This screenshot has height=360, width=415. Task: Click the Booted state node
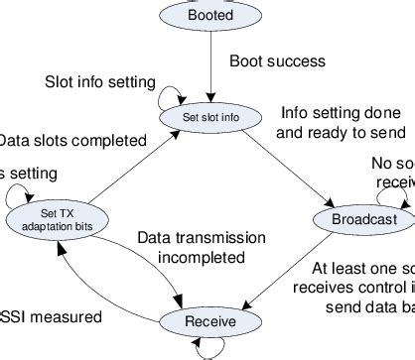coord(209,16)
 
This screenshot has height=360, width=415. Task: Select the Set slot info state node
coord(209,117)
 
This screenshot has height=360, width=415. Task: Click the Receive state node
coord(209,321)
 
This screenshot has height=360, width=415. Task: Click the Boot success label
coord(277,61)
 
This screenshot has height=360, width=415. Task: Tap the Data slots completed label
coord(60,140)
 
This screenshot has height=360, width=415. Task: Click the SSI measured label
coord(50,317)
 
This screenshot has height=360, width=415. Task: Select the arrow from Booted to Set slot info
coord(209,65)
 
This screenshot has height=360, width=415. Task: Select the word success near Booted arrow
coord(299,61)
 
